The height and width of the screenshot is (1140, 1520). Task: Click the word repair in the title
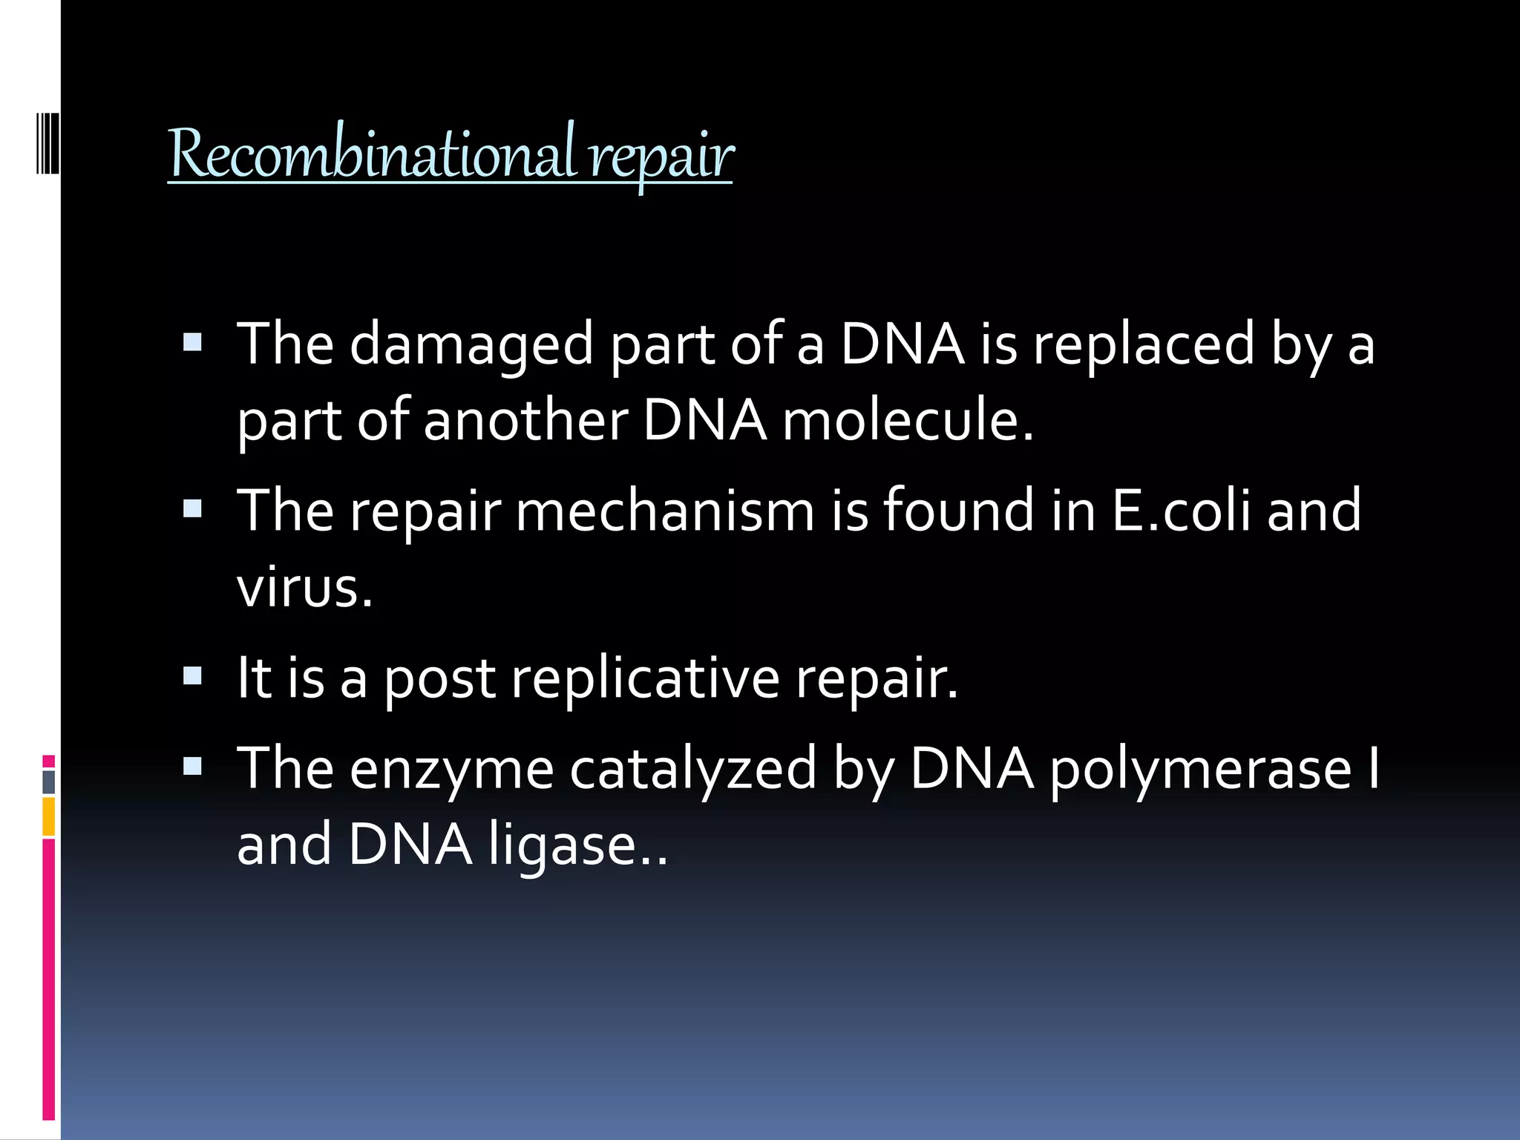coord(661,156)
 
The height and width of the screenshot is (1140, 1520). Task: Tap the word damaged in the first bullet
coord(471,345)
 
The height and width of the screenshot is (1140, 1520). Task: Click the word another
coord(526,421)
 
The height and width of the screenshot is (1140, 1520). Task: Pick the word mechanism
coord(665,511)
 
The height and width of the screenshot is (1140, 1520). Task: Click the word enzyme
coord(451,770)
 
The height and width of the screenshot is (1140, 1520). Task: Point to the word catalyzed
coord(693,770)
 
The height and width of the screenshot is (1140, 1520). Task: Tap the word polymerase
coord(1200,770)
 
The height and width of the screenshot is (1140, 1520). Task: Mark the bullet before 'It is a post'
coord(192,676)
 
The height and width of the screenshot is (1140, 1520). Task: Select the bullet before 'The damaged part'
coord(192,342)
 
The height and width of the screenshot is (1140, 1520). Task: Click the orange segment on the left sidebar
coord(48,816)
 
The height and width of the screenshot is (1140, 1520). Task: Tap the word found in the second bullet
coord(958,511)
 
